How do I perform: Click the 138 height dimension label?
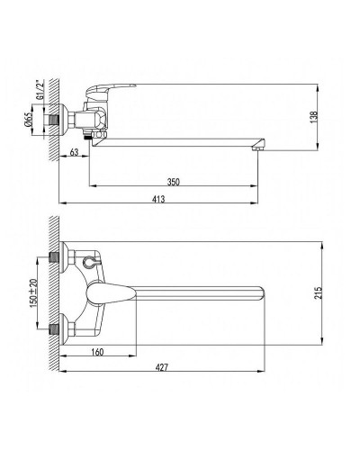pyautogui.click(x=314, y=117)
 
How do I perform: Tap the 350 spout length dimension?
pyautogui.click(x=174, y=182)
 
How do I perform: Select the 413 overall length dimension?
pyautogui.click(x=158, y=199)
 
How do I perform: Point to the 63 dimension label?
pyautogui.click(x=74, y=152)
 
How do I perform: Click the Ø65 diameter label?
pyautogui.click(x=29, y=120)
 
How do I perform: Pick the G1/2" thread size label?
pyautogui.click(x=40, y=90)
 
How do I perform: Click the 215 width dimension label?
pyautogui.click(x=319, y=293)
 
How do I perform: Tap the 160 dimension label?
pyautogui.click(x=97, y=352)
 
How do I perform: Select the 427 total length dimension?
pyautogui.click(x=162, y=367)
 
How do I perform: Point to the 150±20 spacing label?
pyautogui.click(x=33, y=293)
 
